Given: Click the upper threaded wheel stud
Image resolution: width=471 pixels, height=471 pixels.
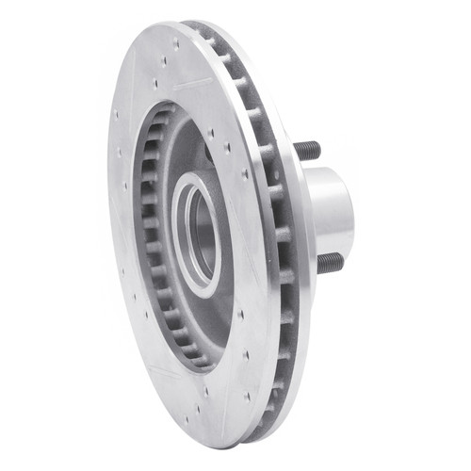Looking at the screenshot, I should coord(306,150).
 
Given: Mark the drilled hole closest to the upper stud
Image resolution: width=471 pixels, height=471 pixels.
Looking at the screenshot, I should coord(247,174).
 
